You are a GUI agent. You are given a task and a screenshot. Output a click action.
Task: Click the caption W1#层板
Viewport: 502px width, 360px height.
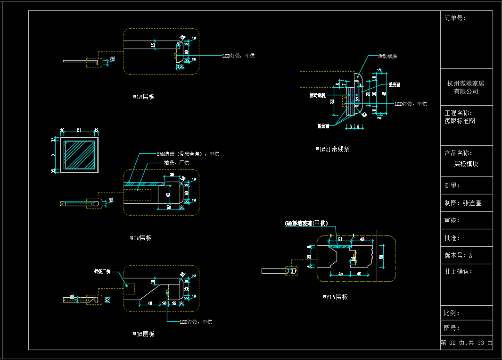tap(143, 97)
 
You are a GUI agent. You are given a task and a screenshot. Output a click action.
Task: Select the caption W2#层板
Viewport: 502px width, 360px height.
tap(140, 238)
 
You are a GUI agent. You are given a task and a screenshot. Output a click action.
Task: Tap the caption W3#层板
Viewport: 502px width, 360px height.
tap(143, 334)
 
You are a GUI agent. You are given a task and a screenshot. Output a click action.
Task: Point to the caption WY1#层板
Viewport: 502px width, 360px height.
tap(335, 297)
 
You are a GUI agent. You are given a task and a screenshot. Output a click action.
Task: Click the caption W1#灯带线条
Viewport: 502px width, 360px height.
tap(332, 149)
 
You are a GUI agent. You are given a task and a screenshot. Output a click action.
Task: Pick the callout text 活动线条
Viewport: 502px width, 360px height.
tap(387, 56)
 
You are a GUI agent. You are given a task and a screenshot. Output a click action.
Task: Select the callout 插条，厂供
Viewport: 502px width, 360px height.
tap(176, 162)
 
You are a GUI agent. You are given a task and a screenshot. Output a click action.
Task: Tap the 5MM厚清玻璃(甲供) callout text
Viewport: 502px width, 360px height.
tap(306, 223)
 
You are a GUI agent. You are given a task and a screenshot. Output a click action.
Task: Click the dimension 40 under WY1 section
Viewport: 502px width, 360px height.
tap(359, 274)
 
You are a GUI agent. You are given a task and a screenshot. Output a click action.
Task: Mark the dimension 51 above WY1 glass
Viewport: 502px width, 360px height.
tap(340, 240)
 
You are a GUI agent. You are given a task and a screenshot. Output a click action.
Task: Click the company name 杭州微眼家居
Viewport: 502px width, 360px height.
tap(466, 84)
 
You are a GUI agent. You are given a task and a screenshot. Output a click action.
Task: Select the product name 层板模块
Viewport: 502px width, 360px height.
tap(466, 164)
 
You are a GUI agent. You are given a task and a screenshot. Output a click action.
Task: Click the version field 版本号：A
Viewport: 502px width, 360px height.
tap(458, 255)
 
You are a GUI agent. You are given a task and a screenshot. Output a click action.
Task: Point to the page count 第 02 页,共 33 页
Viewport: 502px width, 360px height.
tap(467, 343)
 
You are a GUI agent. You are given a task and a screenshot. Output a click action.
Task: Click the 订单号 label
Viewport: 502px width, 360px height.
tap(455, 18)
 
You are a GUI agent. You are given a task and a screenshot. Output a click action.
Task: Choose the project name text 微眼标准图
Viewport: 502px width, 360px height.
tap(460, 121)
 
